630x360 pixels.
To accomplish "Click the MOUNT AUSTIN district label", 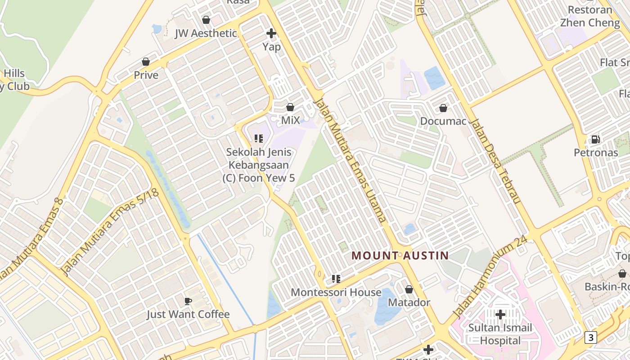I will [x=400, y=256].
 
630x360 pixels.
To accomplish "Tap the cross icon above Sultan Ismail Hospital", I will [x=500, y=314].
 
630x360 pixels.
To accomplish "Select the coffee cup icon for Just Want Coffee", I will [x=188, y=301].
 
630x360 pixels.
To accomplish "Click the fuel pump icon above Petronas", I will [x=595, y=139].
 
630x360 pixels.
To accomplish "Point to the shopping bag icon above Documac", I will [x=443, y=108].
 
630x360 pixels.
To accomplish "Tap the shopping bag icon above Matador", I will [x=409, y=289].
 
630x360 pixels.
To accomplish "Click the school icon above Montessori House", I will [x=336, y=279].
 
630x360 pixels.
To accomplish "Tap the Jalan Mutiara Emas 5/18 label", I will [x=110, y=232].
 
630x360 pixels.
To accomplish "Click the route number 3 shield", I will [x=591, y=337].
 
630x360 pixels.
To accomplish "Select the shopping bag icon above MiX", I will [x=290, y=107].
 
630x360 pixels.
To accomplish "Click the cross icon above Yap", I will [x=271, y=33].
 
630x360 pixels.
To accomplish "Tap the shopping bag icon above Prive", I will [x=146, y=62].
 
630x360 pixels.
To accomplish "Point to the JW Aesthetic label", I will [x=206, y=33].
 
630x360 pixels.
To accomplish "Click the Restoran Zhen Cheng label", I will [x=589, y=16].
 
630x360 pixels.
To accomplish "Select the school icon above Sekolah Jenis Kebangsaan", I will [x=258, y=138].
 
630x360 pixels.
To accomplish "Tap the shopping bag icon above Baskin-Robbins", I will [x=622, y=273].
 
